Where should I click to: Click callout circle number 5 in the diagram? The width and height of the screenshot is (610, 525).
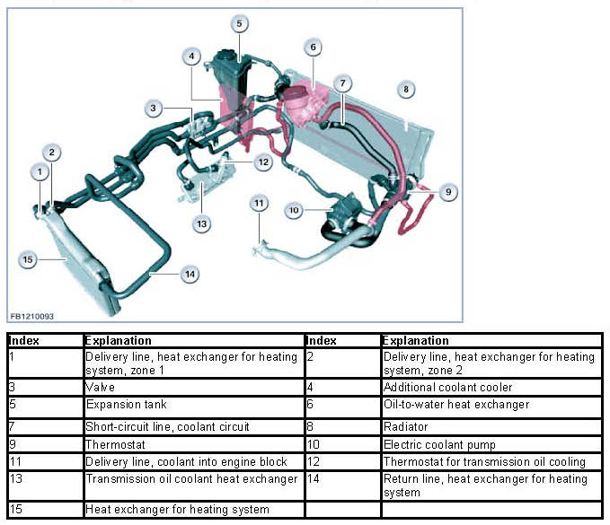(238, 23)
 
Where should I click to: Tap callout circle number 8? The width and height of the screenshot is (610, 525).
(406, 89)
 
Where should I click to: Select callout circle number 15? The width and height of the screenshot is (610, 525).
(27, 259)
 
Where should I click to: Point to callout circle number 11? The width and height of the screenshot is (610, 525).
(259, 203)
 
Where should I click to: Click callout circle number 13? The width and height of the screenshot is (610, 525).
(202, 222)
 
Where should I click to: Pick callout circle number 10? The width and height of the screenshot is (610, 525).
(294, 209)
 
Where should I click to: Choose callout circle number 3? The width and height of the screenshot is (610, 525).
(154, 109)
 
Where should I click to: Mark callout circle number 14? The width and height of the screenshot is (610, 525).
(190, 275)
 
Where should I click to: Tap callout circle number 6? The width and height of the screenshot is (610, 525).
(313, 47)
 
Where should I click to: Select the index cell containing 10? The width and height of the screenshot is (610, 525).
(342, 445)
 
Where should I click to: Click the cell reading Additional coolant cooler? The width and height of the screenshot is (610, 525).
(448, 387)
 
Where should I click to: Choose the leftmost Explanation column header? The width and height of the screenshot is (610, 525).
(119, 341)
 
